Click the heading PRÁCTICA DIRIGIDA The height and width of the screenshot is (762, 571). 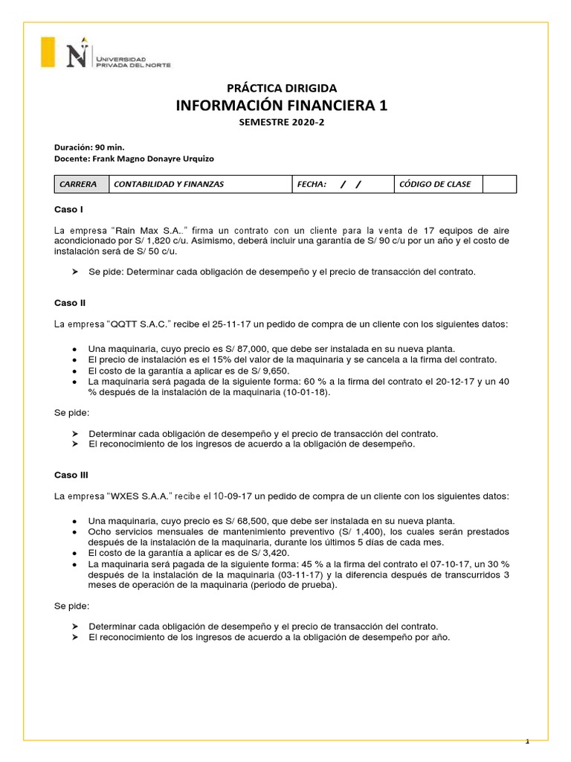[x=282, y=88]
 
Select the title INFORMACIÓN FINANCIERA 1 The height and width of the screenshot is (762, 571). [x=282, y=106]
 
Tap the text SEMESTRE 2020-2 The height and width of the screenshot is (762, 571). [x=282, y=124]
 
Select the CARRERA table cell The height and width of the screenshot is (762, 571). [x=81, y=185]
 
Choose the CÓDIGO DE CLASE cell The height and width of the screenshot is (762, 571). [x=435, y=185]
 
